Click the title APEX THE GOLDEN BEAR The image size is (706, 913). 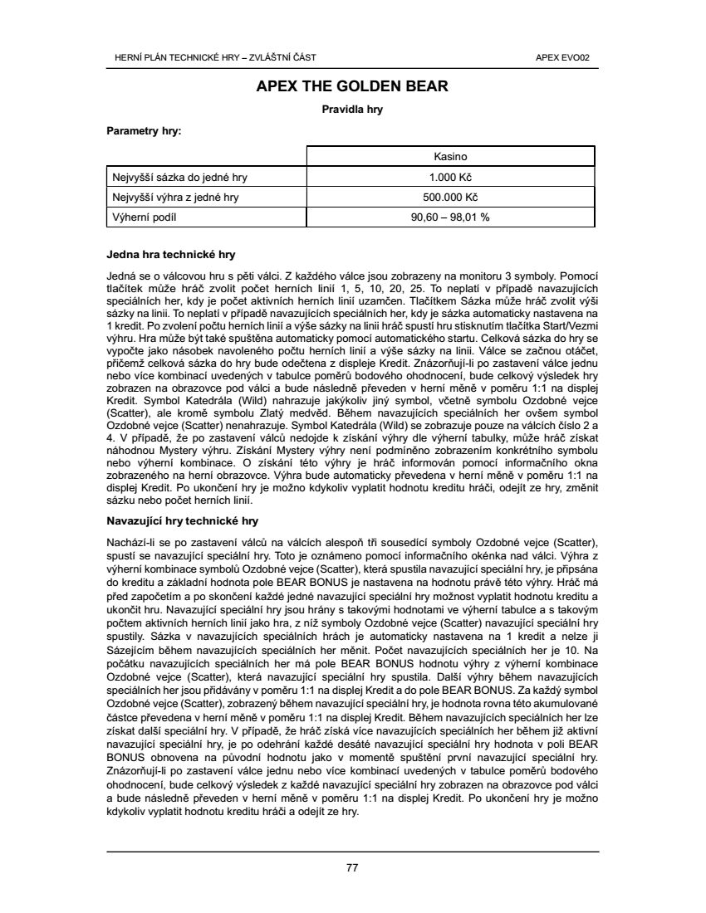tap(352, 85)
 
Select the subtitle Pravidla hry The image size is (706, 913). tap(352, 109)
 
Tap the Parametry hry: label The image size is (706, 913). tap(144, 130)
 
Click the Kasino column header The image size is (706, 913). tap(450, 156)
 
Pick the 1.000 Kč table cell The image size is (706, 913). tap(450, 177)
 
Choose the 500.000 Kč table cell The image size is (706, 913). tap(450, 198)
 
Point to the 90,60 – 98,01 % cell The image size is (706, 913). tap(450, 217)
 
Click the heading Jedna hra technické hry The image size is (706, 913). tap(171, 254)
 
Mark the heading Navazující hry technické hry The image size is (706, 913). tap(183, 521)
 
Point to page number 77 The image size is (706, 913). tap(352, 868)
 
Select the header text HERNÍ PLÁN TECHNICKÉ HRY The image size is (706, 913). tap(177, 57)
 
